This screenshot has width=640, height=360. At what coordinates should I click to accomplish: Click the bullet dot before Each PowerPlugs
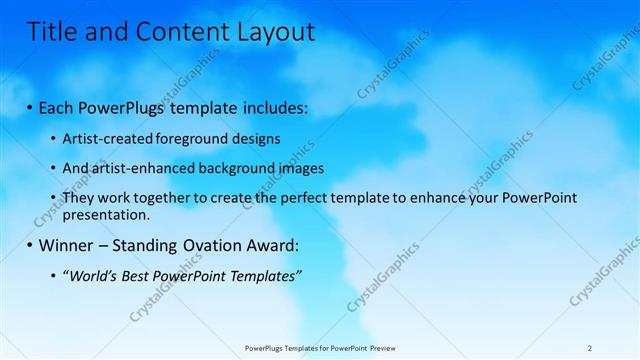point(30,108)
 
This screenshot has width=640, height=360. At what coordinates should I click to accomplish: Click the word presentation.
point(105,214)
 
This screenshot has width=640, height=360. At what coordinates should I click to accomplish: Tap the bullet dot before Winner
point(30,245)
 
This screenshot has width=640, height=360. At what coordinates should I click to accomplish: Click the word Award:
point(272,245)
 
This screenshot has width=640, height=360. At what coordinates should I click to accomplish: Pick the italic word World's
point(92,275)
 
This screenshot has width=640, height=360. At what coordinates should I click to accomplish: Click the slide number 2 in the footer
point(589,347)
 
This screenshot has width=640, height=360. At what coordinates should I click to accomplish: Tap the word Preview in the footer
point(391,347)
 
